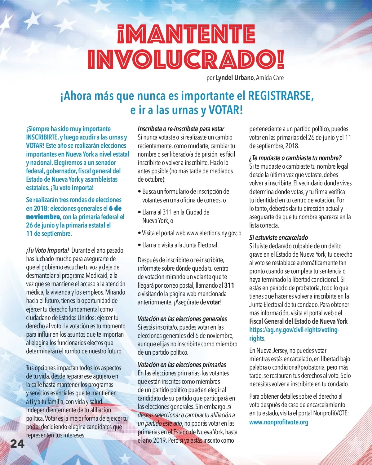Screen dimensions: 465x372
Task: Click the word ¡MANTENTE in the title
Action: click(186, 34)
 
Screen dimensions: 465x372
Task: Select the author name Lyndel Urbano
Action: click(235, 78)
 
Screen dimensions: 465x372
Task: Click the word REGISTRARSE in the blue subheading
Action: click(281, 96)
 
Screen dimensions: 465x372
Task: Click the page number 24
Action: click(17, 444)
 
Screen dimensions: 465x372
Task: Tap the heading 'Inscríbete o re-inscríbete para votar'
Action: click(181, 129)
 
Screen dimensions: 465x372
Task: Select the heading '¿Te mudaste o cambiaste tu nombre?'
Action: click(295, 158)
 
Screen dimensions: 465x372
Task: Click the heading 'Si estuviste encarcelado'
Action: click(278, 238)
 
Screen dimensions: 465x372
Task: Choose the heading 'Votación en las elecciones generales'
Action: click(182, 319)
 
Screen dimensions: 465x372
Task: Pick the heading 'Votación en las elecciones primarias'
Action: click(182, 365)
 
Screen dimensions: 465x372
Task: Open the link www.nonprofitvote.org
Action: click(279, 422)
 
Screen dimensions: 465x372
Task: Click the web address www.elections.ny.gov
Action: click(212, 233)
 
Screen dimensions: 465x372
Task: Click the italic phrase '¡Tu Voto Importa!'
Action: click(47, 250)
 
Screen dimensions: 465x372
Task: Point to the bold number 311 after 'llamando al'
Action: click(229, 286)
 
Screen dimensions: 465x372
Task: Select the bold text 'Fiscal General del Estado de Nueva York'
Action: click(298, 321)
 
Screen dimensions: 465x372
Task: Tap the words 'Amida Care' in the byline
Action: click(270, 78)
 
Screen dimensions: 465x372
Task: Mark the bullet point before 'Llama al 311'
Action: click(139, 212)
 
